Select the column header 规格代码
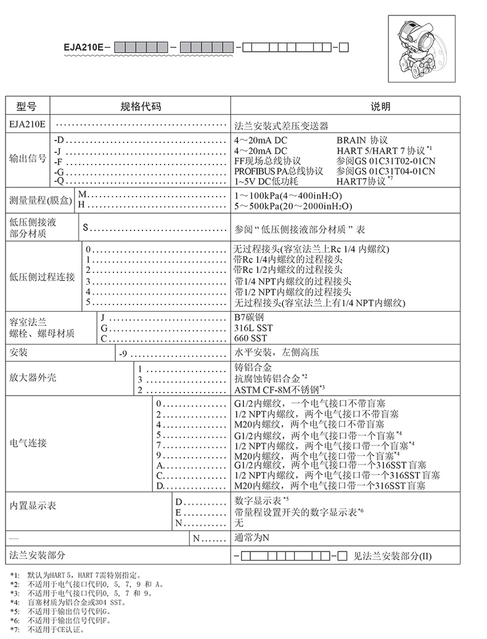coord(140,106)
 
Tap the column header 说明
coord(380,106)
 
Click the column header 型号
coord(27,106)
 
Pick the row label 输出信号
coord(28,158)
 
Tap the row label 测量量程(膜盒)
coord(41,200)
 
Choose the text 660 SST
coord(250,338)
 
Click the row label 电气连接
coord(29,443)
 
